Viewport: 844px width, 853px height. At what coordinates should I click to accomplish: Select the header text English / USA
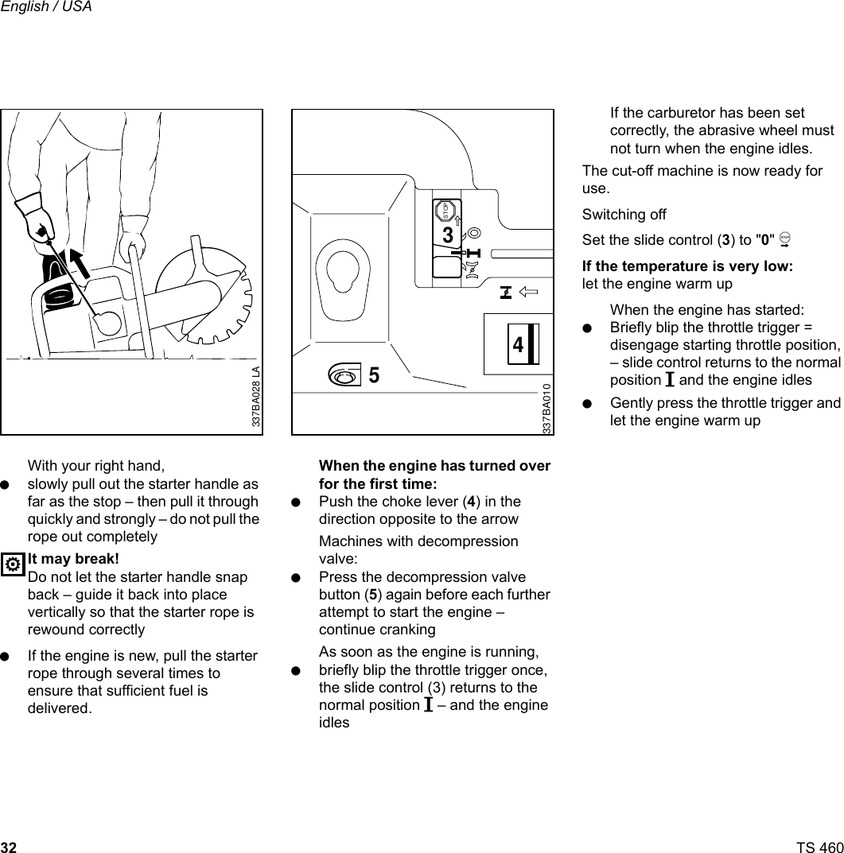pos(46,7)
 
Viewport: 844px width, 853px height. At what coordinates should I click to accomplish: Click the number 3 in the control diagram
pos(448,236)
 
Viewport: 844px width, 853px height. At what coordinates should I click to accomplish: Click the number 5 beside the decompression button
pos(373,376)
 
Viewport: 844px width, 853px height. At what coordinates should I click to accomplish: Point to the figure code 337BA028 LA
pos(255,397)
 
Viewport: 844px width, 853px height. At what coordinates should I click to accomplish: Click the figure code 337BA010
pos(546,408)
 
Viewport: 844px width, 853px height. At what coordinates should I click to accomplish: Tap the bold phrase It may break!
pos(73,559)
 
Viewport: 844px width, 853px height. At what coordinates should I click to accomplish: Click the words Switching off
pos(624,215)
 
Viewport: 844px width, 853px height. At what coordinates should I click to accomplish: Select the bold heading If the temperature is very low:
pos(687,266)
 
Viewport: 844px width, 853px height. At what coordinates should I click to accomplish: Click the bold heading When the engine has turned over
pos(434,466)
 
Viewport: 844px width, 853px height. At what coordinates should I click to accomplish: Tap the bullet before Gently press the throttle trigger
pos(587,403)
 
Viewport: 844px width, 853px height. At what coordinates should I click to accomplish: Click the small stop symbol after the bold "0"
pos(785,240)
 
